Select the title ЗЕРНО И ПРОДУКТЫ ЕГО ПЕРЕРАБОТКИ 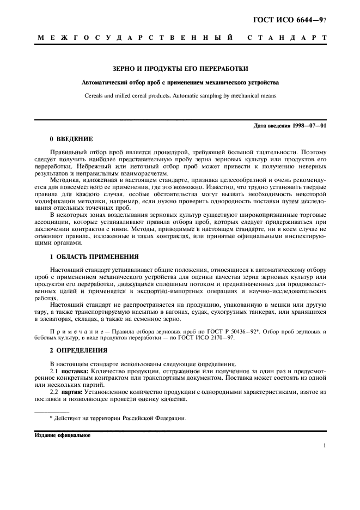click(180, 69)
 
